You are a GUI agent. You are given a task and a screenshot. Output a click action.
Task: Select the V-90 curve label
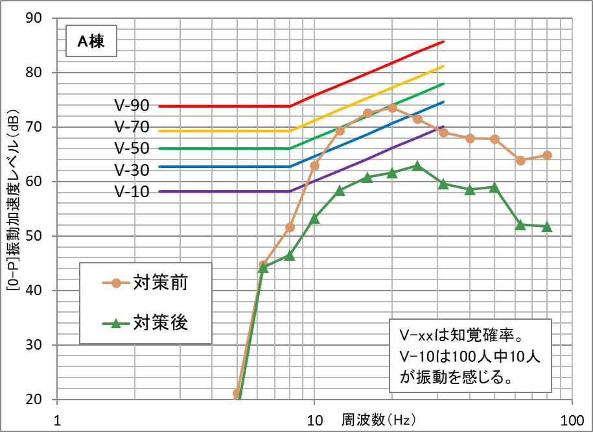[x=132, y=105]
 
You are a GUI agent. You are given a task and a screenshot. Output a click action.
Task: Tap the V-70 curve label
[x=132, y=126]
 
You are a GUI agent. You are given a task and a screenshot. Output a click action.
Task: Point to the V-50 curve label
[x=132, y=149]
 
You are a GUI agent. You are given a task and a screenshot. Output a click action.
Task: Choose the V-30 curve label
[x=132, y=170]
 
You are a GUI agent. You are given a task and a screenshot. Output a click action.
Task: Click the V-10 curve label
[x=132, y=191]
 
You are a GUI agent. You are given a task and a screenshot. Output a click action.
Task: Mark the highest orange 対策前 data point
[x=392, y=108]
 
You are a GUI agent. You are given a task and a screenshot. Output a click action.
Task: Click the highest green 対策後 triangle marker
[x=417, y=165]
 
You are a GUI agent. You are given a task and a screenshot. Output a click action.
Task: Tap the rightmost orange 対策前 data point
[x=547, y=155]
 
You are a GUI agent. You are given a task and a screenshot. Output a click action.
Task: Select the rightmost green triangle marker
[x=547, y=226]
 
